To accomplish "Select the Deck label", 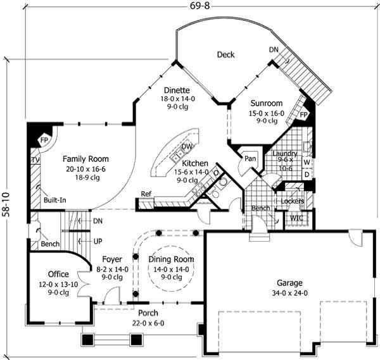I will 225,55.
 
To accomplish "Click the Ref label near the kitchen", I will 146,194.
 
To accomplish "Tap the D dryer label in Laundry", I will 307,173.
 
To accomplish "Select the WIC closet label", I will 296,218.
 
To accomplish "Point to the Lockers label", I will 292,201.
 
